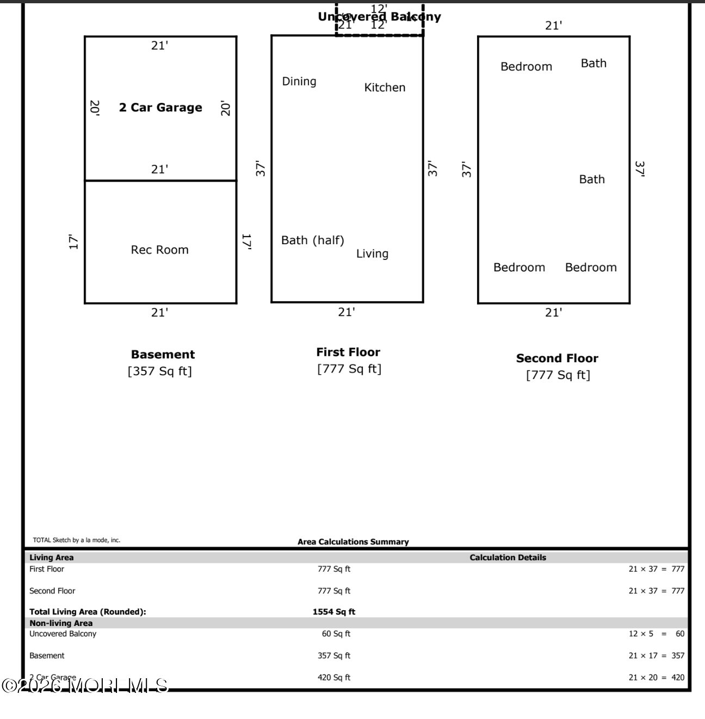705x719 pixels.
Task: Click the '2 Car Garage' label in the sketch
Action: point(160,108)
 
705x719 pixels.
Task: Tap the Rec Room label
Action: point(159,250)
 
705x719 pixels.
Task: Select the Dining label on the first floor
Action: point(299,81)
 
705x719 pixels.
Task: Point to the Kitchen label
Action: point(385,88)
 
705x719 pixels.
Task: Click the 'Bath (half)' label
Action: point(312,240)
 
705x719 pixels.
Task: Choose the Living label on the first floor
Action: point(372,253)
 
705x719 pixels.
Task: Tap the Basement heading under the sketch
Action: point(163,355)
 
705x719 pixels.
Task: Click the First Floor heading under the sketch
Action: point(348,352)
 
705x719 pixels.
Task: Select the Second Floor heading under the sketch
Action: point(557,358)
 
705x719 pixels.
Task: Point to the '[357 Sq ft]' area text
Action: point(160,371)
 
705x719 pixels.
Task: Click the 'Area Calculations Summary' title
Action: point(353,542)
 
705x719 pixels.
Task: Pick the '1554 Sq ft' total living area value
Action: point(333,612)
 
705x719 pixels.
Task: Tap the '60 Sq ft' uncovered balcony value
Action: point(336,634)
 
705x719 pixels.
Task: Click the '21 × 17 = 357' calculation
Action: point(656,655)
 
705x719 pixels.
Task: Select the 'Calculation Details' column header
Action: point(508,557)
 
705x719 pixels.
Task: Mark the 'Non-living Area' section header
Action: point(61,623)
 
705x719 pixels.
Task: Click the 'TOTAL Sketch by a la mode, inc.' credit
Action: point(77,540)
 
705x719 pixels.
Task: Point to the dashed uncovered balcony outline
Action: point(379,35)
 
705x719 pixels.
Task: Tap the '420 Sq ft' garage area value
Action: point(333,677)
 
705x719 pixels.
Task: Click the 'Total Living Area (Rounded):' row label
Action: point(88,612)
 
